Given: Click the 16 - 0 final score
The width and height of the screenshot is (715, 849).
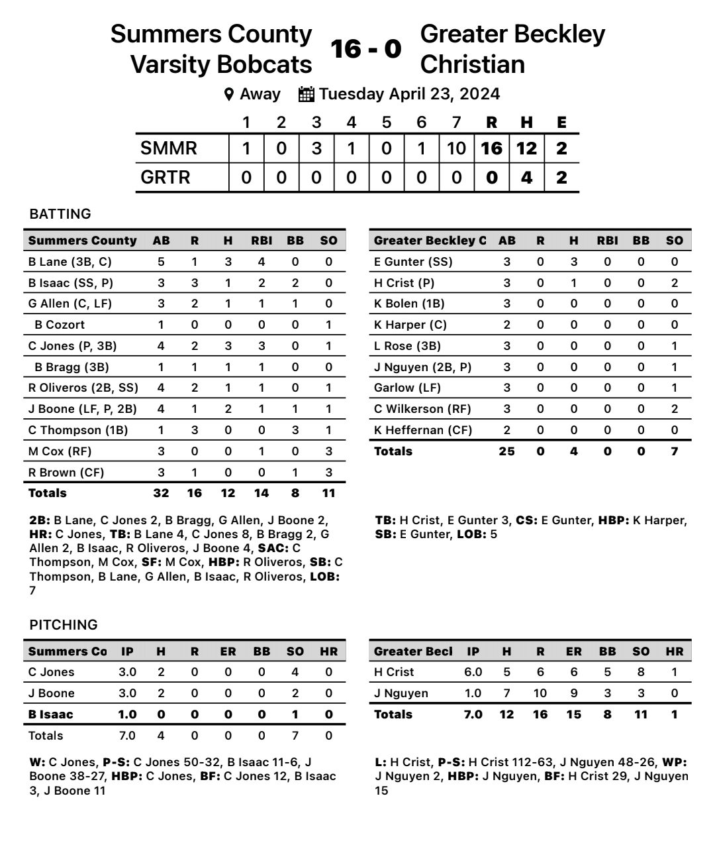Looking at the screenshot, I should [x=366, y=48].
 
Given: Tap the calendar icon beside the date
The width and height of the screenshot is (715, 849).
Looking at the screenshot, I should [x=306, y=94].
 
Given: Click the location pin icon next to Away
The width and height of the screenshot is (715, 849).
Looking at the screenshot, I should [x=229, y=94].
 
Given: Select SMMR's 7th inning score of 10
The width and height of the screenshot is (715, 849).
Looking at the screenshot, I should [x=456, y=148].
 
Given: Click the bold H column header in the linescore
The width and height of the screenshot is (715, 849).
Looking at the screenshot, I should [x=526, y=123].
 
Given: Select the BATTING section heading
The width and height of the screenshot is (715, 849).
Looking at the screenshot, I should [x=60, y=214].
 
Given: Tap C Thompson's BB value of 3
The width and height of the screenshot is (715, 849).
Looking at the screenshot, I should [x=295, y=430].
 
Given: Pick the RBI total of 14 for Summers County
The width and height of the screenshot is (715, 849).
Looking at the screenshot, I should [x=262, y=493].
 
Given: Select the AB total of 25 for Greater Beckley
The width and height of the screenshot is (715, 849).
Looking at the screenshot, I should [x=506, y=451].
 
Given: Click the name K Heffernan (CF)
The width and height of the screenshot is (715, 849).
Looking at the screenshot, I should [x=423, y=430].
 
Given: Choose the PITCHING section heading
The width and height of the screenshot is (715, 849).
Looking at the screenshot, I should [x=64, y=625].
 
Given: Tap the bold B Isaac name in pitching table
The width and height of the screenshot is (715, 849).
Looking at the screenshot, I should [x=51, y=714].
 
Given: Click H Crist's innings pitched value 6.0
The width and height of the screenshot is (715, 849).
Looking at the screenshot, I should [x=473, y=672].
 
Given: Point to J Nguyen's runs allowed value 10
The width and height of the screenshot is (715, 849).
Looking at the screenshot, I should [x=540, y=693].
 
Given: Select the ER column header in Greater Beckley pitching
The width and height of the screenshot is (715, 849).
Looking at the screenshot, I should [x=574, y=651].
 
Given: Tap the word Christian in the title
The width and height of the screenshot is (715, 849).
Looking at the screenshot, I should [x=473, y=64].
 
